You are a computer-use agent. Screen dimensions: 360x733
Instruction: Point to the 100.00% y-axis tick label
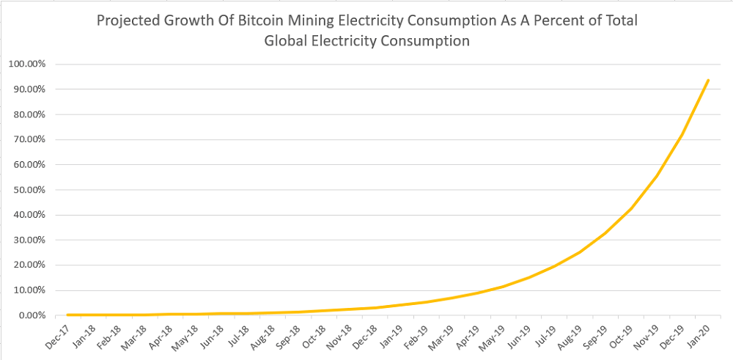[28, 64]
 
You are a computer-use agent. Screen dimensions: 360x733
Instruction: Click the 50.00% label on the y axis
[30, 190]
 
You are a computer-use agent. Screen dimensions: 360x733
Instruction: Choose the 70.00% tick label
[30, 139]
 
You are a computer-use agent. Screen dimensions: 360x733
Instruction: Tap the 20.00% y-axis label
[30, 265]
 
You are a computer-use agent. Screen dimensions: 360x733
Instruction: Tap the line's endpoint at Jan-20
[708, 80]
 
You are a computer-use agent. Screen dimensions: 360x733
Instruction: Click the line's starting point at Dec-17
[67, 315]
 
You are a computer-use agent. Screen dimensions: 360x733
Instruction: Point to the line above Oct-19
[631, 208]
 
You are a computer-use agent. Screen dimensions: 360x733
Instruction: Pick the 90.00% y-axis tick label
[30, 89]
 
